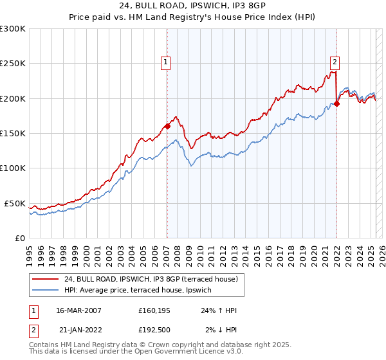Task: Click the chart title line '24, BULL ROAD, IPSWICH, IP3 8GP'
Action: pos(193,6)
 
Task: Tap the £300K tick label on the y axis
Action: pos(13,29)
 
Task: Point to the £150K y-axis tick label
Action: pos(13,134)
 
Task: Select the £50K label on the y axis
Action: pos(15,203)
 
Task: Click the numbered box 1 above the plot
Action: pos(166,62)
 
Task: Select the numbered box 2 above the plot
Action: pos(335,62)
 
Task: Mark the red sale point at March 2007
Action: pos(167,126)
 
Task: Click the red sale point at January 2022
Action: pos(336,104)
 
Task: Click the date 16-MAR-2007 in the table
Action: pos(78,310)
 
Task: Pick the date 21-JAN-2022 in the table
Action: pos(78,330)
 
